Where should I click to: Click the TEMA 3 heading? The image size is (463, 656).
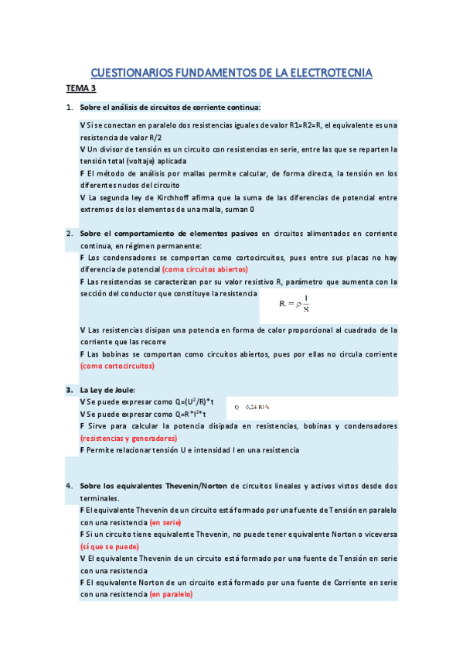pos(80,89)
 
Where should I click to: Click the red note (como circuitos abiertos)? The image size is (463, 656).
pos(205,269)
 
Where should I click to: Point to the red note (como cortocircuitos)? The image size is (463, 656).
pos(117,366)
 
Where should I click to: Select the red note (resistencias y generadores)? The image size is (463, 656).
pos(128,438)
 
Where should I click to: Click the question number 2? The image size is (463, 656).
pos(69,233)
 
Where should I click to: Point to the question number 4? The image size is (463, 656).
pos(69,486)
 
